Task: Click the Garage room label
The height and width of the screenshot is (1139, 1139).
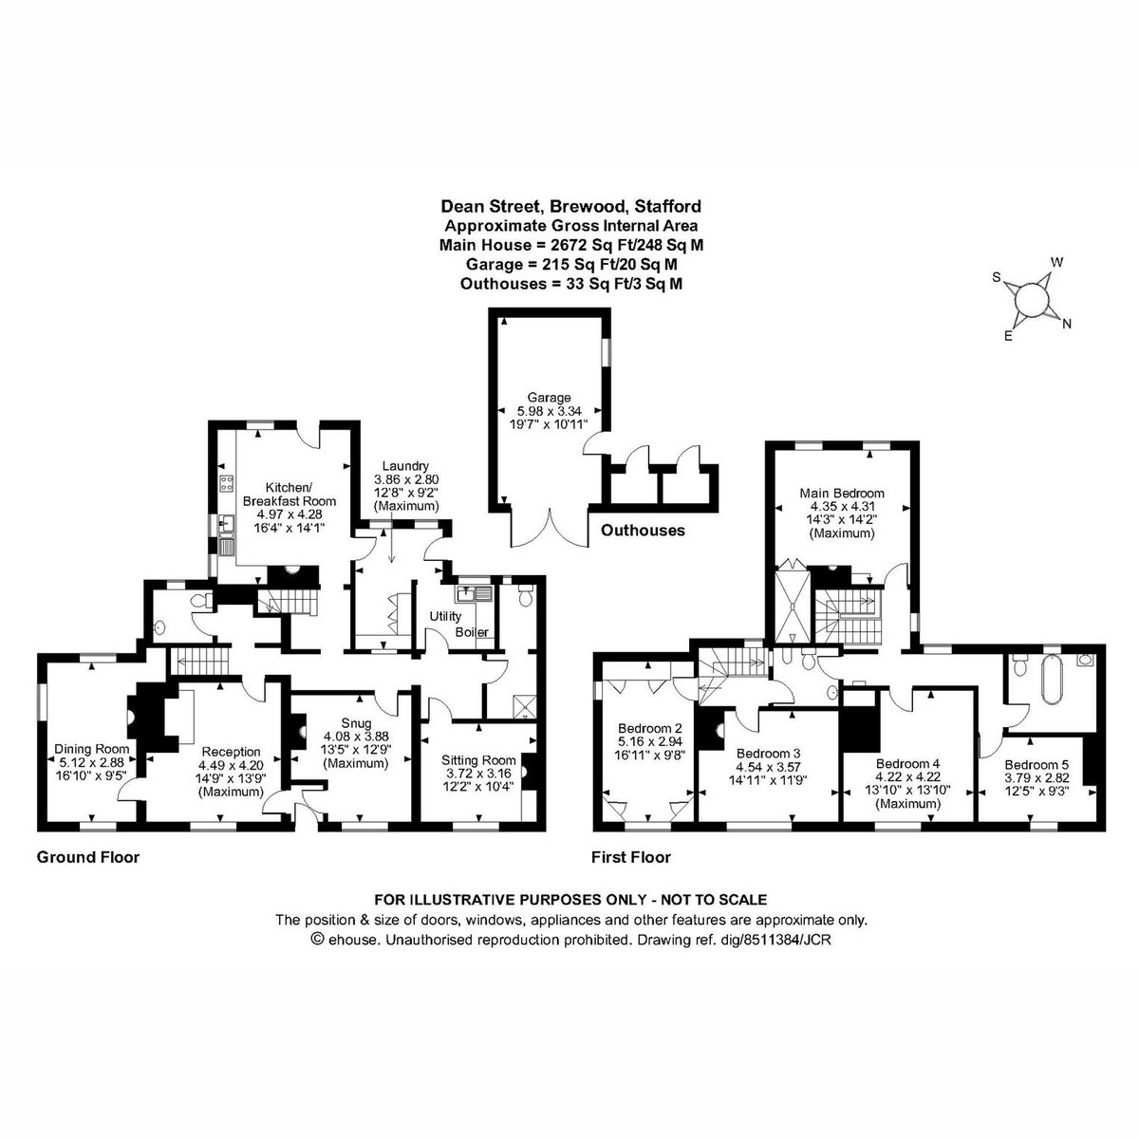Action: [x=550, y=397]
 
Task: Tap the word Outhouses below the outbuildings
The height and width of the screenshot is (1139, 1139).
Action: [x=644, y=531]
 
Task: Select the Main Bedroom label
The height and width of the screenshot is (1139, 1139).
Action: [x=842, y=493]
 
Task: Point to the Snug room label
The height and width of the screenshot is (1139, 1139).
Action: [x=356, y=723]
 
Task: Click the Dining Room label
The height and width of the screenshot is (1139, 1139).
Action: [x=92, y=749]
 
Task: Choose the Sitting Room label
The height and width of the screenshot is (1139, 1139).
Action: [x=478, y=760]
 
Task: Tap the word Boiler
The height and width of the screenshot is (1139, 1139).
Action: [x=472, y=632]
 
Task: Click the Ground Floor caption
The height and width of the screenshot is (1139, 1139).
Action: [x=88, y=857]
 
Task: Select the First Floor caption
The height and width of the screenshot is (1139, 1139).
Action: [x=631, y=857]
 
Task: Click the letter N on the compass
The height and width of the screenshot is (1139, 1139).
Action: [x=1067, y=324]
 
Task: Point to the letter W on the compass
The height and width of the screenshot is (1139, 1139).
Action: [x=1056, y=262]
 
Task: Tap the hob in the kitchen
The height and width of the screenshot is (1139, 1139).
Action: [x=227, y=484]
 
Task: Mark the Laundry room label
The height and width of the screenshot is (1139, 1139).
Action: [x=405, y=466]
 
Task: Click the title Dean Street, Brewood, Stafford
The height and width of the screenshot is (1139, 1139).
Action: [x=571, y=206]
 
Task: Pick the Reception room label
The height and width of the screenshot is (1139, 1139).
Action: [x=231, y=752]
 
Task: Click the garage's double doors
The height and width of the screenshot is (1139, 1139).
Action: [x=551, y=527]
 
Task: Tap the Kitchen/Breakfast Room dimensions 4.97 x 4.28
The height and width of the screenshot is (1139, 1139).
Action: [x=289, y=514]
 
